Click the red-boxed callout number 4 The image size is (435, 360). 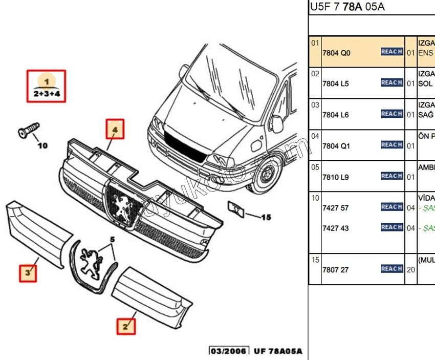[x=115, y=130]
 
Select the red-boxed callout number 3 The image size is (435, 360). [x=29, y=273]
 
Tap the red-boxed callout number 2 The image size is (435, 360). [x=125, y=325]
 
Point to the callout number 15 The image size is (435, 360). [x=266, y=217]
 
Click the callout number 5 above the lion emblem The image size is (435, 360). [x=113, y=239]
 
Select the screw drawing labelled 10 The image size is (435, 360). [x=29, y=129]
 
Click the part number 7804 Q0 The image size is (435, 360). [x=336, y=53]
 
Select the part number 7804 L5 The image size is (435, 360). [x=336, y=83]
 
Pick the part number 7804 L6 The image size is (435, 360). [x=336, y=115]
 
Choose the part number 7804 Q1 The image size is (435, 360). [x=336, y=146]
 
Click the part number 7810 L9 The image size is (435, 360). [x=336, y=177]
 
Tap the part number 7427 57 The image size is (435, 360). [x=335, y=208]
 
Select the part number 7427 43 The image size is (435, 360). [x=335, y=228]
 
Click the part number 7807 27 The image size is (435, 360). [x=335, y=270]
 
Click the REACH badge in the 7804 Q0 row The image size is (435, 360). [x=391, y=52]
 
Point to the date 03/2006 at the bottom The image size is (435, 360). [x=228, y=351]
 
